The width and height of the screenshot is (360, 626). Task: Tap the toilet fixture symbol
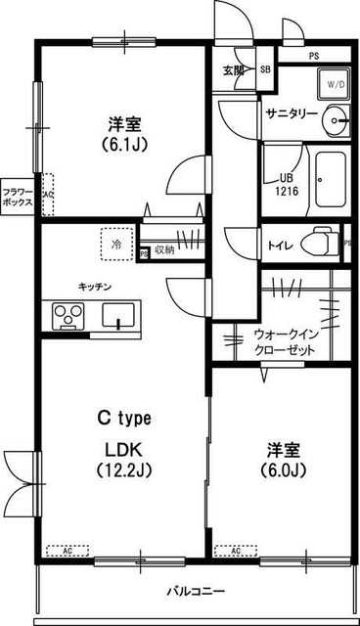pyautogui.click(x=318, y=240)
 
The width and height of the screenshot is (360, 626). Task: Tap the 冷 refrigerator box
pyautogui.click(x=115, y=245)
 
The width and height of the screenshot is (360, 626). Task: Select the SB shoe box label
pyautogui.click(x=265, y=69)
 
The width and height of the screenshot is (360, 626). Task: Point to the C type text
pyautogui.click(x=123, y=418)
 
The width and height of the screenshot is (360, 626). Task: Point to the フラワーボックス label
pyautogui.click(x=17, y=197)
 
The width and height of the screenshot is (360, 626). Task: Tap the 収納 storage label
pyautogui.click(x=163, y=250)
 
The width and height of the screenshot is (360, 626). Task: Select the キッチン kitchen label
pyautogui.click(x=96, y=287)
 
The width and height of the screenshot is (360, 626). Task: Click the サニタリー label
pyautogui.click(x=292, y=114)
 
